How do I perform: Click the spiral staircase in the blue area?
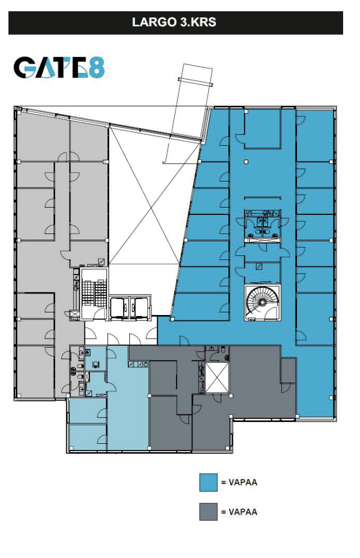262,301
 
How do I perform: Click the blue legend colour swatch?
208,482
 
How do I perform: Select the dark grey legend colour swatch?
208,512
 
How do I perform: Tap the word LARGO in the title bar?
154,22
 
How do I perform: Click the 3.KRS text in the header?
198,22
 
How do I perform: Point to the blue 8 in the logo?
96,67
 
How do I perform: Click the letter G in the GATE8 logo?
24,67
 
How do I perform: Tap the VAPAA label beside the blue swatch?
242,482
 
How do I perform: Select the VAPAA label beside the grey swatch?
242,512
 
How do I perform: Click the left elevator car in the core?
118,308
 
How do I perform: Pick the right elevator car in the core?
140,308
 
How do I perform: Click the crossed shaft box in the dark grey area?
217,377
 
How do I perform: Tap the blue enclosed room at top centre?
263,128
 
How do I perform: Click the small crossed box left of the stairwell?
75,315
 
